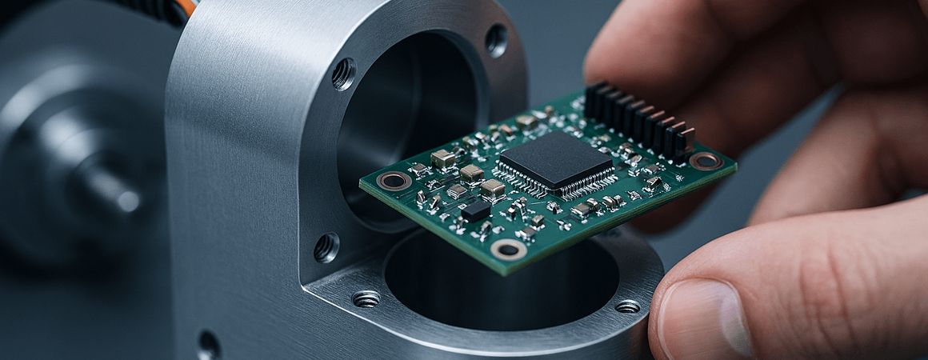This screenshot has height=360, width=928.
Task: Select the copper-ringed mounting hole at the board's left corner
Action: click(x=394, y=181)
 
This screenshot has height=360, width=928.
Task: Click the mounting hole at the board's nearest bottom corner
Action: click(x=509, y=250)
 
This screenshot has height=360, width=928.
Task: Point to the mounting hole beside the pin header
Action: click(x=706, y=161)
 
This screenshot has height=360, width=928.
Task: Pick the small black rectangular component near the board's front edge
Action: click(x=476, y=210)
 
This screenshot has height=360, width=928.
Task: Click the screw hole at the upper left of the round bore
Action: click(x=344, y=74)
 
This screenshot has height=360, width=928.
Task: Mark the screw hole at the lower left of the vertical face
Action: click(x=326, y=247)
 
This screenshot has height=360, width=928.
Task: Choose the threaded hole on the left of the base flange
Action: click(x=366, y=299)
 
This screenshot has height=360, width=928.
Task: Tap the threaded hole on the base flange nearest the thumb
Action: click(x=627, y=306)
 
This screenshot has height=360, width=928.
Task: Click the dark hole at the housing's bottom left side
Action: click(x=209, y=345)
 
